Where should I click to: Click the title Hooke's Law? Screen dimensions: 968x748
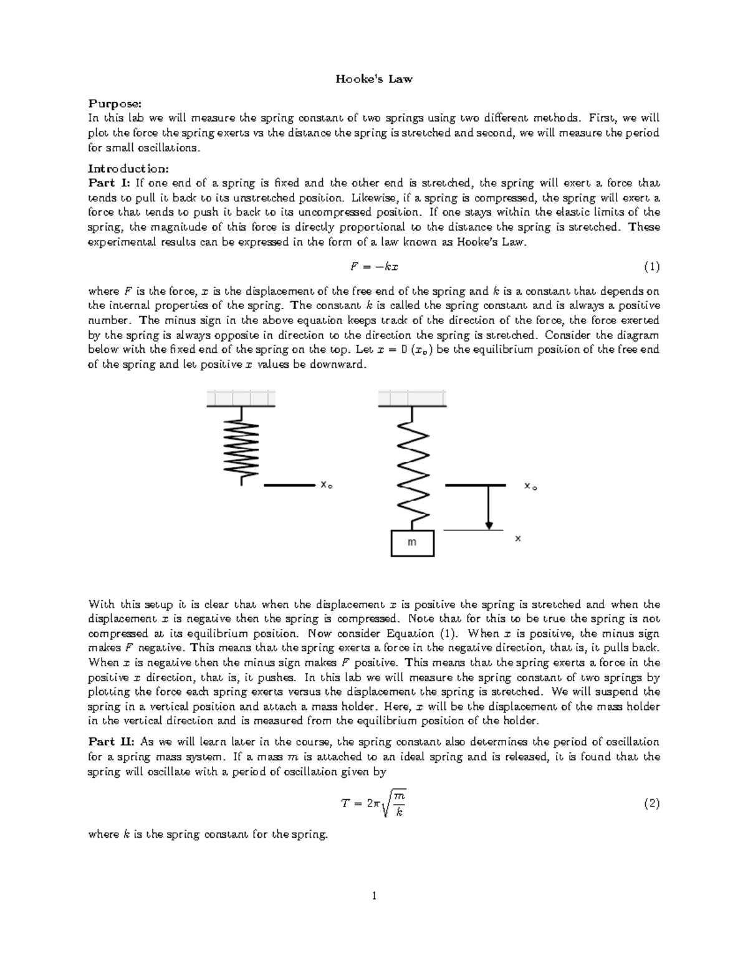click(374, 79)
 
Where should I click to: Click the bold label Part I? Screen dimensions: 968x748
click(110, 183)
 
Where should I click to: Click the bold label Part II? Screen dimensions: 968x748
click(112, 742)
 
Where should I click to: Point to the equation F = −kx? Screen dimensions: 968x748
click(374, 267)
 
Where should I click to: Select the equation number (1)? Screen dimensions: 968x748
click(651, 267)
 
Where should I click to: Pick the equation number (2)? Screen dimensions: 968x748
click(651, 803)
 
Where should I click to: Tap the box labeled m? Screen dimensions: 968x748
click(412, 542)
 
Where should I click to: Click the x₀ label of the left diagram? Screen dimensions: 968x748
click(325, 484)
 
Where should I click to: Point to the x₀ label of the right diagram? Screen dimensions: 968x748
click(530, 486)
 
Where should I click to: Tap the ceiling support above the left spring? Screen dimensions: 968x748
click(241, 398)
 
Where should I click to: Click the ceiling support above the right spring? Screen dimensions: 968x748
click(412, 398)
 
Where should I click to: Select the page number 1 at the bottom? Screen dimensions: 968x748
click(374, 896)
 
